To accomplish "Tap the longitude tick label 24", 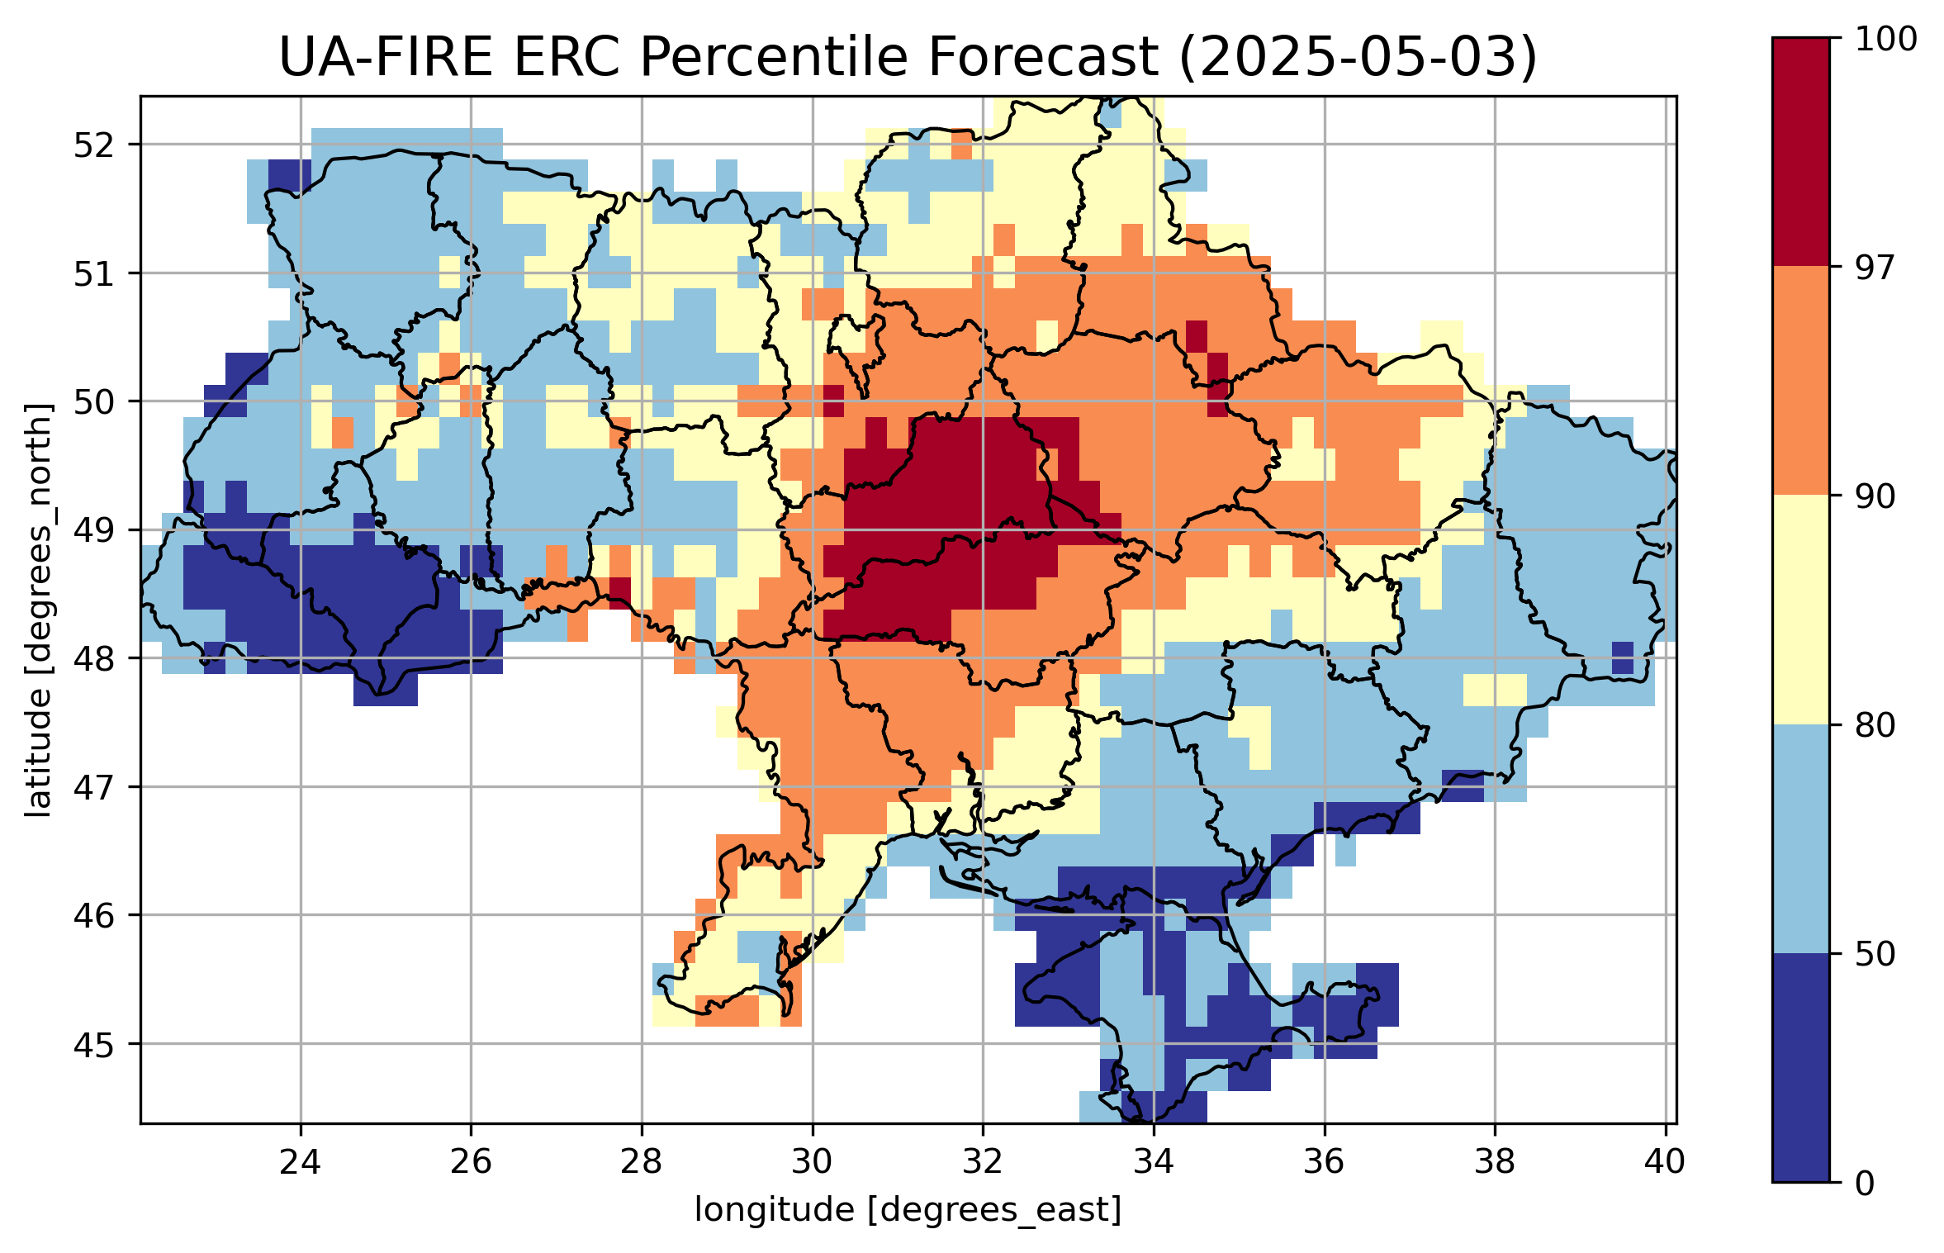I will [x=300, y=1162].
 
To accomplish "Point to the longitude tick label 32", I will [x=983, y=1162].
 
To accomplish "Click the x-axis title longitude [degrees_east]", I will [x=908, y=1210].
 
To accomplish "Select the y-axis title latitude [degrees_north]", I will [x=38, y=610].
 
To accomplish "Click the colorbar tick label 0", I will [x=1864, y=1184].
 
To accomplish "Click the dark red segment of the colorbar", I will [x=1800, y=152].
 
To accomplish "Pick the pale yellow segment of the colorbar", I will [x=1800, y=610].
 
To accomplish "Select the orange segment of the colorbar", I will [x=1800, y=381].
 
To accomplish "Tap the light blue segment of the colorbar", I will [x=1800, y=839].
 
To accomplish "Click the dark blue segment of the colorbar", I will [x=1800, y=1068].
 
